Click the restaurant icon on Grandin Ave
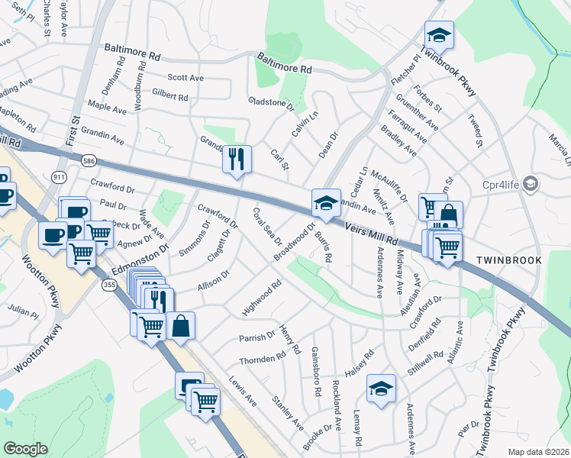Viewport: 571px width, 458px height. click(x=237, y=158)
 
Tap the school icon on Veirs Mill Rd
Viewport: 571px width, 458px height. click(x=326, y=202)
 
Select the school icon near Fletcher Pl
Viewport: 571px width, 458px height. click(x=439, y=34)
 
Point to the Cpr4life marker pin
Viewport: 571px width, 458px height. click(x=532, y=184)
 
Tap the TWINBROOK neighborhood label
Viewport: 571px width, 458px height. click(x=509, y=260)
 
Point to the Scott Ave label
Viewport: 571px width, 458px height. click(x=185, y=78)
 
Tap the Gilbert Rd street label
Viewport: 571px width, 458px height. click(x=169, y=96)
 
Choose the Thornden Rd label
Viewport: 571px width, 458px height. click(x=261, y=358)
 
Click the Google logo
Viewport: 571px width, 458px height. click(x=25, y=449)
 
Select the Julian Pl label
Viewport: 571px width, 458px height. click(x=23, y=311)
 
